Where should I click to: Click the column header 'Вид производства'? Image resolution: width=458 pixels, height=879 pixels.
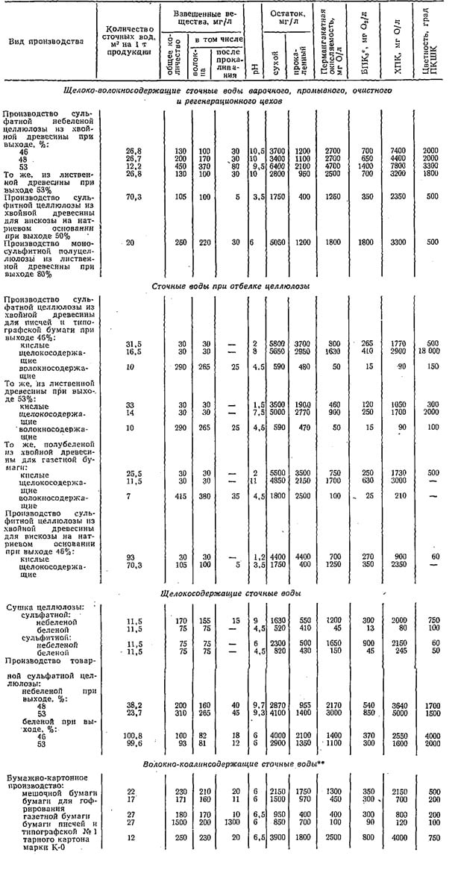tap(45, 41)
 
